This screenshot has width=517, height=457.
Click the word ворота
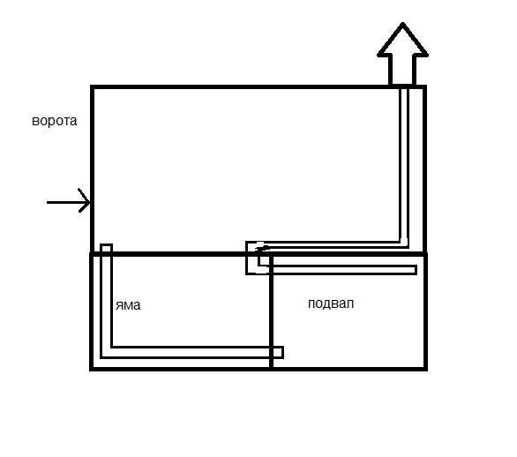click(55, 121)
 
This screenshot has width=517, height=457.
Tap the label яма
click(128, 305)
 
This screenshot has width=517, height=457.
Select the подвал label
click(331, 303)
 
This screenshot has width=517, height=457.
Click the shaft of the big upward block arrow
click(402, 71)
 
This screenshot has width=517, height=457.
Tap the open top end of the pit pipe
click(106, 245)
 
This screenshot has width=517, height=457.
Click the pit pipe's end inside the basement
click(282, 352)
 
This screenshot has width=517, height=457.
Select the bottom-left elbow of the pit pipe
click(106, 352)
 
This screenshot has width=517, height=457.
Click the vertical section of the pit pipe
click(106, 296)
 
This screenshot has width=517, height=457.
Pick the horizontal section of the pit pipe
click(191, 352)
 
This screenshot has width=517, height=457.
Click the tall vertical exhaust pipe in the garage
click(404, 165)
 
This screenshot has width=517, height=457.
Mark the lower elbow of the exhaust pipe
click(404, 244)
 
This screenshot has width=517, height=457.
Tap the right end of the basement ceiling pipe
click(416, 270)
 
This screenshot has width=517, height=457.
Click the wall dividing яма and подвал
click(271, 311)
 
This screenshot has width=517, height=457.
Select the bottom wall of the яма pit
click(181, 368)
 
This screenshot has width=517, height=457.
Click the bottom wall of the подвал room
click(349, 368)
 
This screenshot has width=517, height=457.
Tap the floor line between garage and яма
click(180, 254)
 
